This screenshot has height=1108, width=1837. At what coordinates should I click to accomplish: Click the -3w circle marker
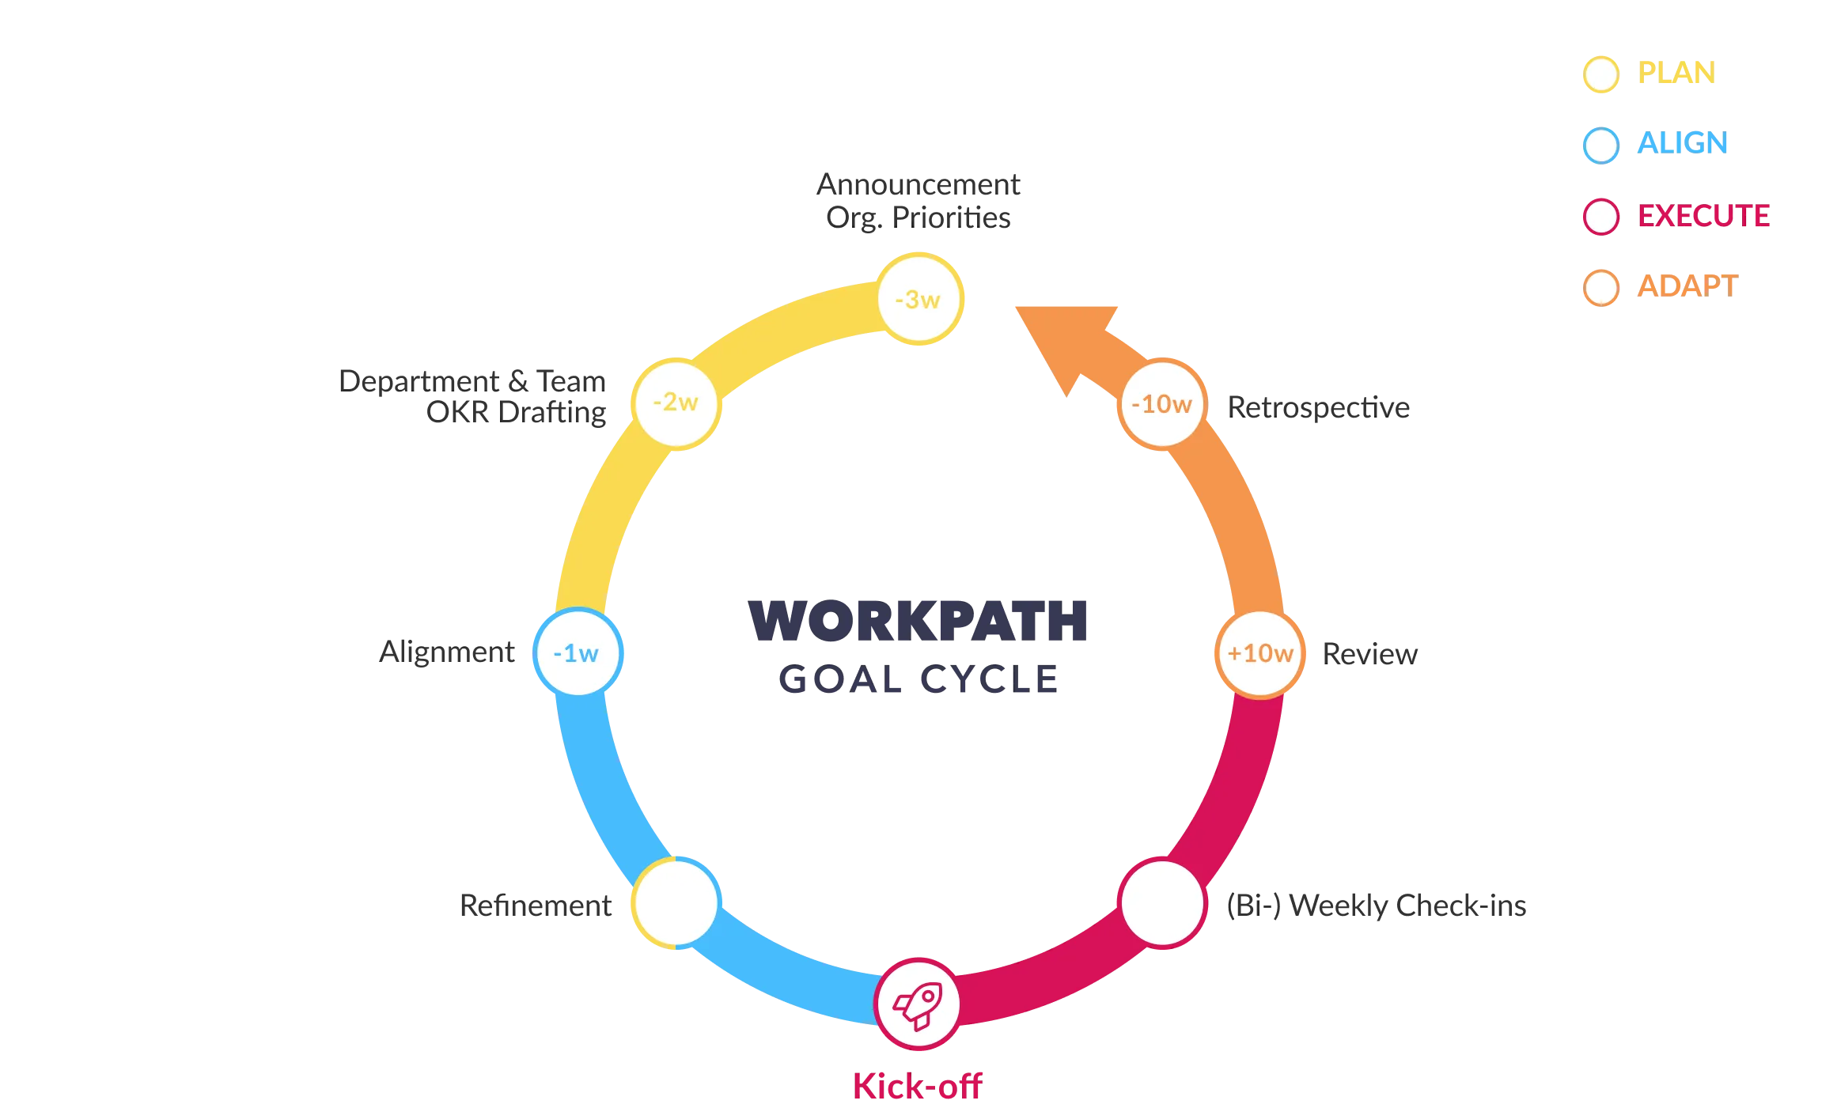click(x=918, y=299)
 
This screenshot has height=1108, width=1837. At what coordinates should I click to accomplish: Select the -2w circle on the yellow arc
click(x=676, y=403)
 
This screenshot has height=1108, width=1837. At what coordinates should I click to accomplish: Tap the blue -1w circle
click(x=578, y=653)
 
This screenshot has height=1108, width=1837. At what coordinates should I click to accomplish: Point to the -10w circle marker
click(x=1161, y=404)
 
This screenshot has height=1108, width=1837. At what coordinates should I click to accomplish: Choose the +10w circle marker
click(x=1259, y=653)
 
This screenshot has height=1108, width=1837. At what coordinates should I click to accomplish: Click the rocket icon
click(x=918, y=1004)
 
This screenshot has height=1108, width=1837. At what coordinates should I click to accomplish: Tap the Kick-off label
click(x=918, y=1086)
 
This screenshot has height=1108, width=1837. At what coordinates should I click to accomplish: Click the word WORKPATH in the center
click(x=918, y=621)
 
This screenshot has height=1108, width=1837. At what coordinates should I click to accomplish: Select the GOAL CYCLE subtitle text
click(x=918, y=679)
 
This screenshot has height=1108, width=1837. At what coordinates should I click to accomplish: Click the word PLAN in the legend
click(x=1676, y=74)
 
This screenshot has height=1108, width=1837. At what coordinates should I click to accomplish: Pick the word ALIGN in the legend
click(x=1682, y=144)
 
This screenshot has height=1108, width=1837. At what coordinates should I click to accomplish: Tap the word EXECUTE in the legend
click(x=1704, y=216)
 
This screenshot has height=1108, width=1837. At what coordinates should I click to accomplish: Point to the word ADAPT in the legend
click(x=1687, y=286)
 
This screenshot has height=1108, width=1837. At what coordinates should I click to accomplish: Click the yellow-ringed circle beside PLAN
click(x=1601, y=74)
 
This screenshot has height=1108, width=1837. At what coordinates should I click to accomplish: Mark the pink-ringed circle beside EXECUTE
click(x=1601, y=217)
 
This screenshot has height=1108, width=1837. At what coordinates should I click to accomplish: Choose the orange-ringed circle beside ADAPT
click(x=1601, y=288)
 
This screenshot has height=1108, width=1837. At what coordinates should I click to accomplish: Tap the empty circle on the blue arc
click(x=676, y=902)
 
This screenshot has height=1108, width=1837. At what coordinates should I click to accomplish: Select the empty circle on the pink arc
click(x=1161, y=902)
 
